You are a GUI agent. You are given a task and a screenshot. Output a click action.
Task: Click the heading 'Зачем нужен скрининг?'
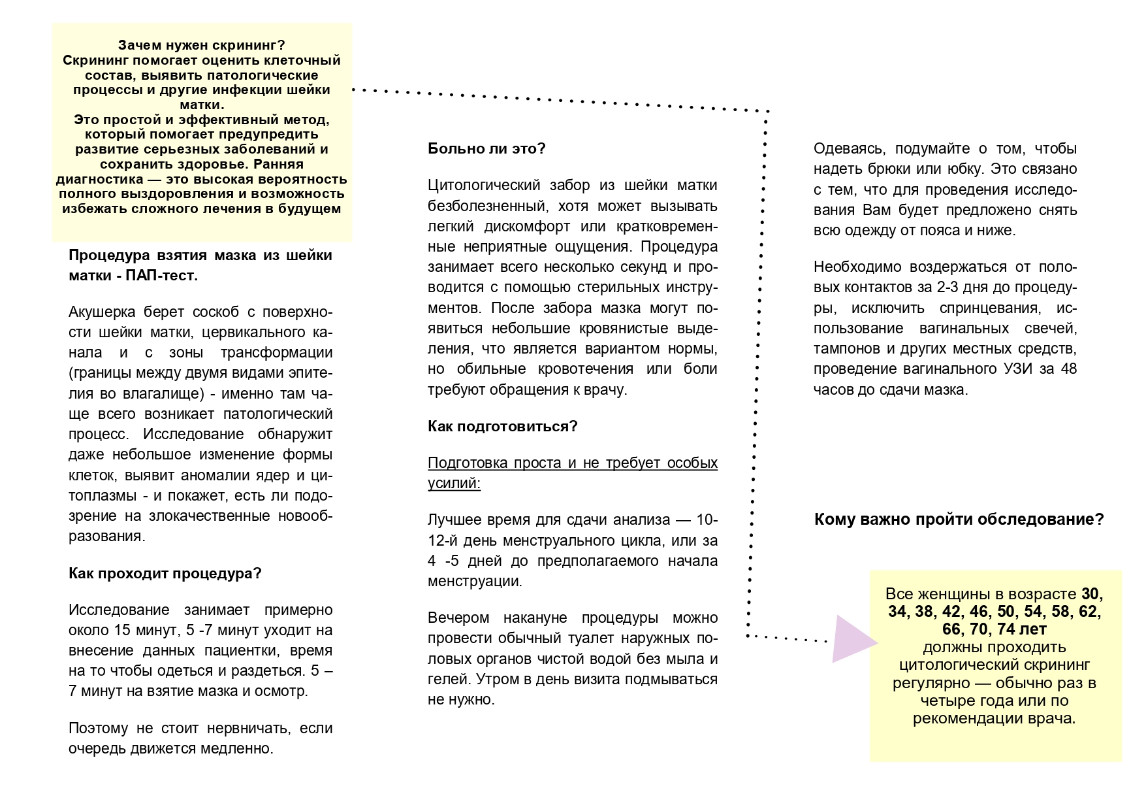pyautogui.click(x=201, y=45)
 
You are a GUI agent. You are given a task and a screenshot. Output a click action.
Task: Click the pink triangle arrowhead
pyautogui.click(x=853, y=640)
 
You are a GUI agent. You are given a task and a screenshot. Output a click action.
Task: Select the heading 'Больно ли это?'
pyautogui.click(x=486, y=148)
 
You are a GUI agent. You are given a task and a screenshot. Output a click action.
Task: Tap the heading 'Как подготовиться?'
pyautogui.click(x=503, y=426)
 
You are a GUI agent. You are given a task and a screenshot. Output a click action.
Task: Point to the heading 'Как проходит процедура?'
pyautogui.click(x=165, y=573)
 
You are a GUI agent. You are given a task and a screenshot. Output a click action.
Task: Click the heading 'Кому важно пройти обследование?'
pyautogui.click(x=959, y=520)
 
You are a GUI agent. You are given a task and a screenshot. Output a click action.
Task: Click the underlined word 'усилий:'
pyautogui.click(x=454, y=483)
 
